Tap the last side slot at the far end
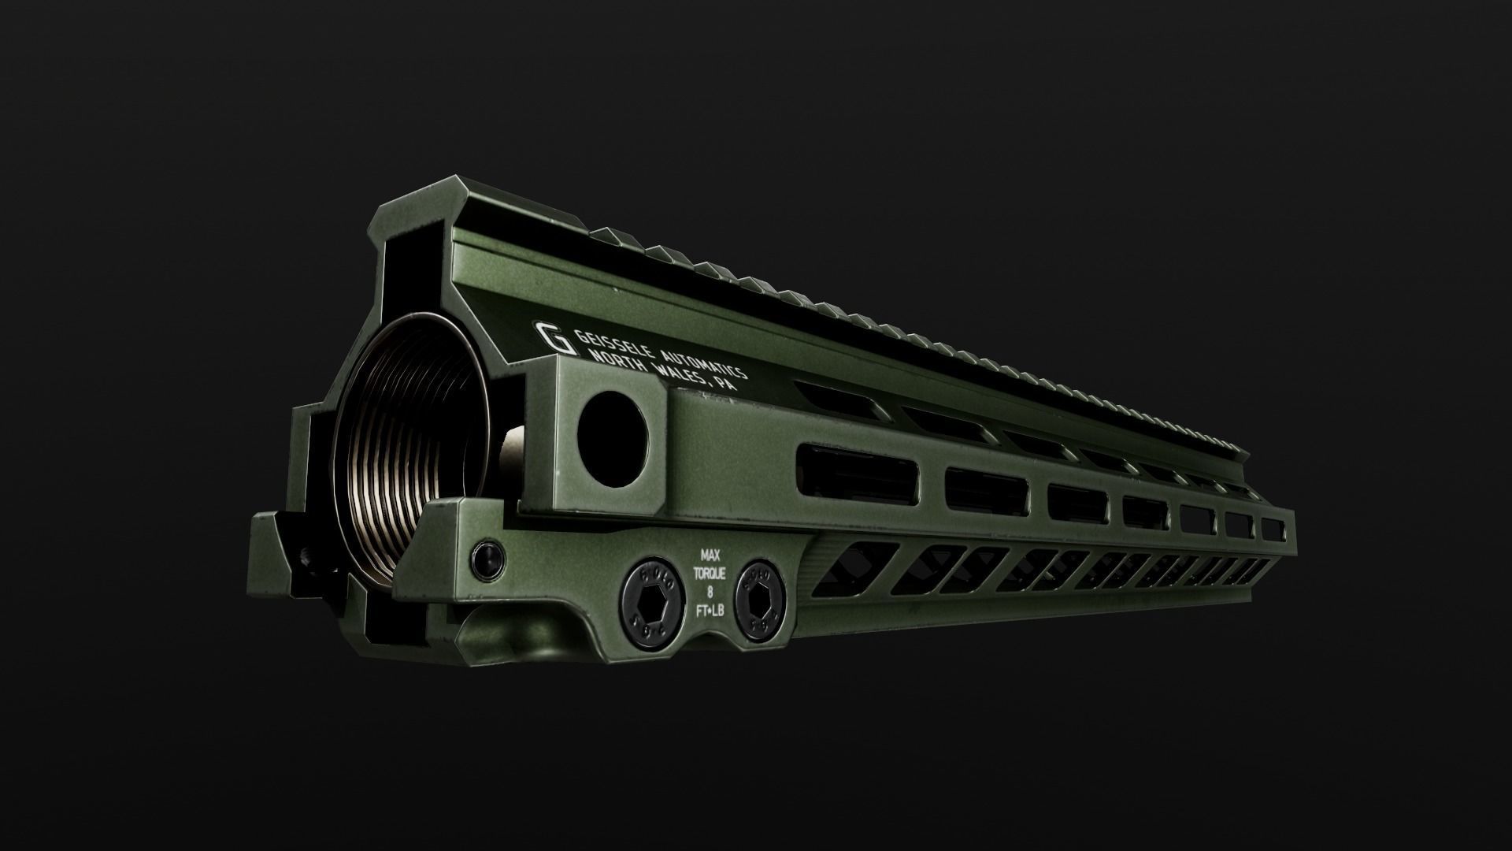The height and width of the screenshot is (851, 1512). [x=1272, y=529]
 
